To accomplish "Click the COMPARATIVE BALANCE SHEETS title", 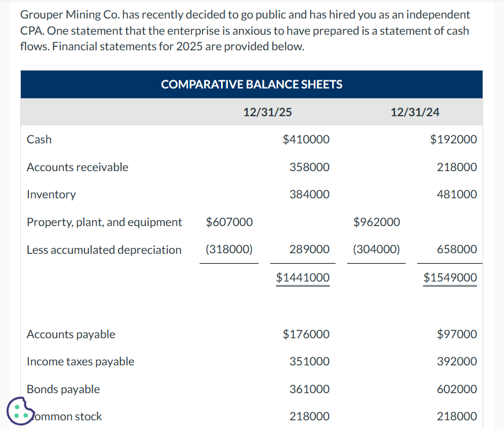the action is tap(252, 84).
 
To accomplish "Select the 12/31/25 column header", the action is tap(267, 112).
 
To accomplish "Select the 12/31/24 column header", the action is tap(415, 112).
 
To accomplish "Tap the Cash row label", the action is tap(39, 139).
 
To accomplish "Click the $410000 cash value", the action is tap(306, 139).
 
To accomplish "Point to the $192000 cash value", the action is tap(454, 139).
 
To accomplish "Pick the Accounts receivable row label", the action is tap(78, 167).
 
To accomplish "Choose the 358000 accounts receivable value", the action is tap(310, 167).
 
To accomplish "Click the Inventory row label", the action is tap(51, 194).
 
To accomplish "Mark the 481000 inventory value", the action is tap(457, 194).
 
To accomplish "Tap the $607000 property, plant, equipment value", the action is tap(229, 222).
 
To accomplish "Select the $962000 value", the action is tap(376, 222).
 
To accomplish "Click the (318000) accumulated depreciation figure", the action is tap(229, 250).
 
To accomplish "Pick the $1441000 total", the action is tap(303, 278).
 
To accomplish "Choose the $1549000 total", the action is tap(450, 278).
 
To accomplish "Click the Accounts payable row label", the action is tap(71, 334).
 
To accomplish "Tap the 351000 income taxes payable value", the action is tap(310, 361).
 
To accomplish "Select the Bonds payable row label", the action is tap(64, 389).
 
